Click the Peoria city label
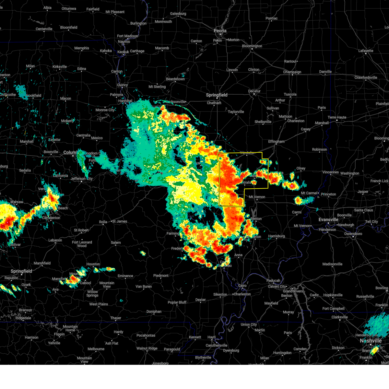(x=220, y=31)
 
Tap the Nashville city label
(x=371, y=341)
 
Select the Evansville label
(x=328, y=220)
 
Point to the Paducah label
(x=273, y=281)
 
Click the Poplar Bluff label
(x=177, y=302)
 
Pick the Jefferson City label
(x=81, y=179)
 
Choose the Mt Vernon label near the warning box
(x=257, y=197)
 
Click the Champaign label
(x=292, y=72)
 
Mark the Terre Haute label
(x=337, y=117)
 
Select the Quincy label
(x=123, y=85)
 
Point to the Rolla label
(x=103, y=222)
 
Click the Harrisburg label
(x=277, y=236)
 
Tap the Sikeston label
(x=220, y=295)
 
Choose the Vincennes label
(x=330, y=172)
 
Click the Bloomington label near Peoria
(x=252, y=46)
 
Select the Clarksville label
(x=339, y=317)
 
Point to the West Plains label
(x=99, y=304)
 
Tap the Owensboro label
(x=353, y=234)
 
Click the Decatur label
(x=254, y=91)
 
